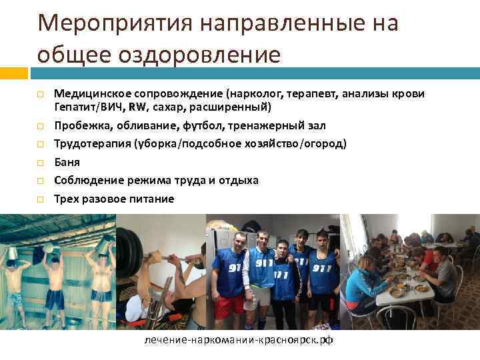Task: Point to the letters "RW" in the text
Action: point(137,107)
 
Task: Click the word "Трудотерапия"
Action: point(92,143)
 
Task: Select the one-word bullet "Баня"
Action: point(67,162)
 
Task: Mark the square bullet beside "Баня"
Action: point(40,162)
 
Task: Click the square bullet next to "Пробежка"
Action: point(40,125)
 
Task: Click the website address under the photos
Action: point(238,340)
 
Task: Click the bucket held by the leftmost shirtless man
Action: point(13,254)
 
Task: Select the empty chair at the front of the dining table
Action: point(441,313)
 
